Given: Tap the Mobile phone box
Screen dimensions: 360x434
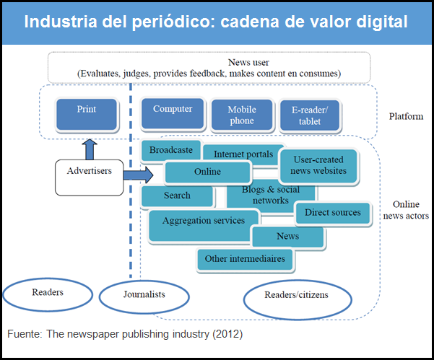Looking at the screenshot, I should coord(241,115).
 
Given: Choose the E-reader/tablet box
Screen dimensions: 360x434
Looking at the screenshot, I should coord(310,116).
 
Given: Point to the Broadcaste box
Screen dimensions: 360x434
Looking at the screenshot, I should coord(170,150).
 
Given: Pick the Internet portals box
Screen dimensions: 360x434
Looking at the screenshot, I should coord(238,154).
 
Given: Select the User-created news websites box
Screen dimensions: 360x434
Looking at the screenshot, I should coord(318,165).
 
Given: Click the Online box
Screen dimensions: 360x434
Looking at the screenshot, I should coord(207,172).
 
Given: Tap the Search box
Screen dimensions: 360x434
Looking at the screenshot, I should coord(177,196).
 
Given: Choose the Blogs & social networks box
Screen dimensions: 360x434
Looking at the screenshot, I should coord(261,196).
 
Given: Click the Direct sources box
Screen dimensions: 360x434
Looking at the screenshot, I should coord(332,212).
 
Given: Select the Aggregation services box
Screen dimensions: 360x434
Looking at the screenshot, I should coord(203,221).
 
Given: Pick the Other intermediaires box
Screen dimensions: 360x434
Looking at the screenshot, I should coord(245,258).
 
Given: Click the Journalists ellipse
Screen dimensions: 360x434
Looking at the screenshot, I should coord(144,294).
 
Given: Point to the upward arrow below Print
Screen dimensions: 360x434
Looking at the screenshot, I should coord(90,149).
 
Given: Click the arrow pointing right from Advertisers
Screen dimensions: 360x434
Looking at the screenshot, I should coord(144,174).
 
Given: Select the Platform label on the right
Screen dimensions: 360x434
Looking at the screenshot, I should coord(405,116).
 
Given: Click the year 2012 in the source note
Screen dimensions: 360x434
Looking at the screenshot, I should coord(229,335).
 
